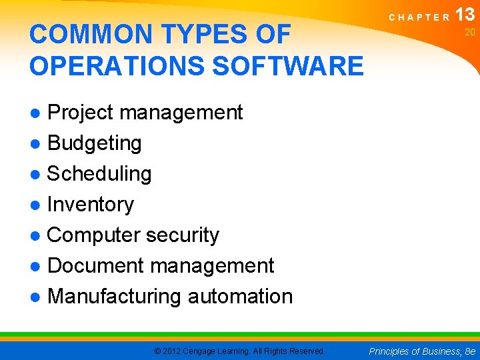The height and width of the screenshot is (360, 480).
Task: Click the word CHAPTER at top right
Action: pyautogui.click(x=419, y=18)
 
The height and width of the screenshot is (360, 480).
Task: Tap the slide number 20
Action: pyautogui.click(x=469, y=32)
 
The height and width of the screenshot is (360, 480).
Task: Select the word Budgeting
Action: pyautogui.click(x=94, y=143)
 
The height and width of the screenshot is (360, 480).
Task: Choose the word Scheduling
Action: pyautogui.click(x=99, y=174)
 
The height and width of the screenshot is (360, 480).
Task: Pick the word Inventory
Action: pyautogui.click(x=91, y=205)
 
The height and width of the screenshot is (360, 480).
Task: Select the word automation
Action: pyautogui.click(x=240, y=297)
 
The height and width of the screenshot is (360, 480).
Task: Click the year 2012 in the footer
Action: pyautogui.click(x=171, y=351)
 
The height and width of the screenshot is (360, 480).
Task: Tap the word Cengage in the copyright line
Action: pyautogui.click(x=205, y=351)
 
